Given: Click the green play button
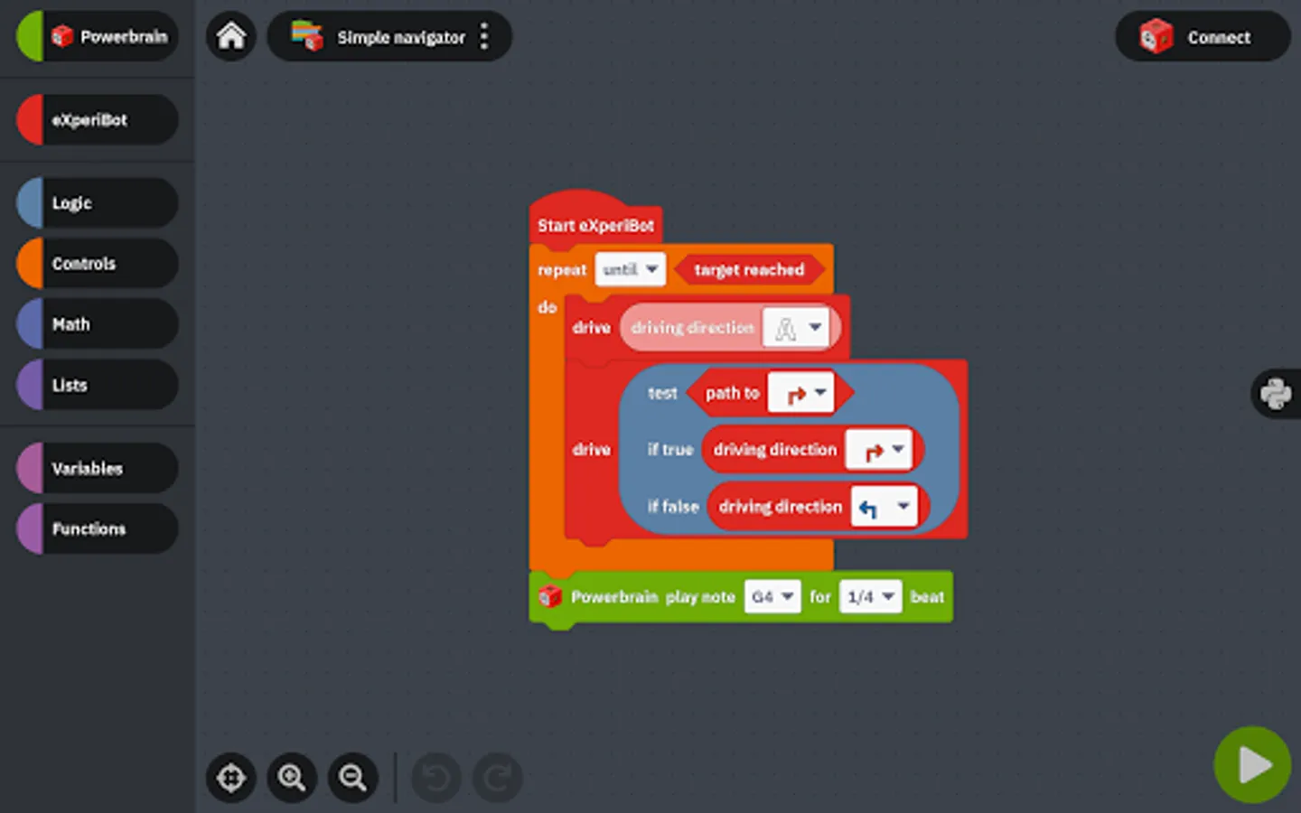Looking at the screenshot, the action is pos(1252,764).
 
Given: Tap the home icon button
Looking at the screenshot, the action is pos(231,36).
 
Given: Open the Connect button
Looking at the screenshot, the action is pos(1203,36).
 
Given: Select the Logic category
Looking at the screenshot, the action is pos(98,202).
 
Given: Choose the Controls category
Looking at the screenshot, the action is pos(98,263).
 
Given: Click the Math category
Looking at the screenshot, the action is pos(98,323).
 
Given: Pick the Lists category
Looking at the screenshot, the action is pos(98,385).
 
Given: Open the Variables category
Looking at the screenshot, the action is pos(98,468).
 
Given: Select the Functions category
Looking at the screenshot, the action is pos(98,528).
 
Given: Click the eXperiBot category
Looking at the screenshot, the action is pos(98,119).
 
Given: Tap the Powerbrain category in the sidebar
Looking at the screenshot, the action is pos(98,36).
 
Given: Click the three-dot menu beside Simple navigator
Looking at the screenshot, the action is pos(484,36).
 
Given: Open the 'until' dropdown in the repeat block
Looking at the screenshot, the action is pos(631,269).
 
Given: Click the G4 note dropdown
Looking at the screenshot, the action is pos(772,596).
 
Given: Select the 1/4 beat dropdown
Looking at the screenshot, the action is pos(871,596).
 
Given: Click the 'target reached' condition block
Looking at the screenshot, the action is pos(749,269).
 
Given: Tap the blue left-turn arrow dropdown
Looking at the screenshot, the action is pos(884,507).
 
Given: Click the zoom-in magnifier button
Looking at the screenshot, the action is pos(292,778).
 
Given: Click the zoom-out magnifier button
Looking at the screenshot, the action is pos(353,778).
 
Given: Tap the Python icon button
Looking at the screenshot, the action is pos(1276,394).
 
